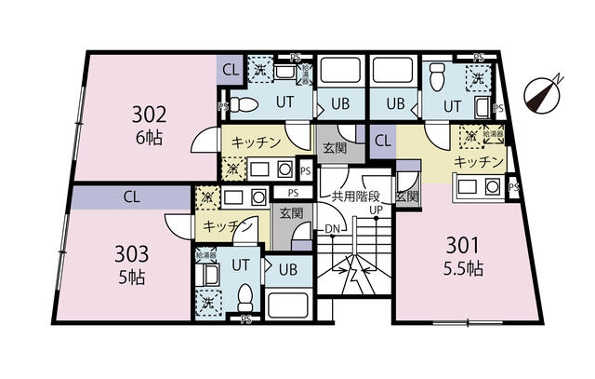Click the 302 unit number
tap(149, 115)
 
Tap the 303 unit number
tap(132, 253)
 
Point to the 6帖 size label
tap(150, 138)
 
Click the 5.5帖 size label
tap(461, 269)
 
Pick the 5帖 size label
tap(132, 277)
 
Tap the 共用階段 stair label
tap(356, 196)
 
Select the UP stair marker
tap(377, 210)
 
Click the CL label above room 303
tap(130, 196)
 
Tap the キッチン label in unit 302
tap(256, 142)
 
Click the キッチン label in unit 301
tap(479, 163)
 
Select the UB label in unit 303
tap(287, 269)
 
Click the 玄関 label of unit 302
tap(335, 147)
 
